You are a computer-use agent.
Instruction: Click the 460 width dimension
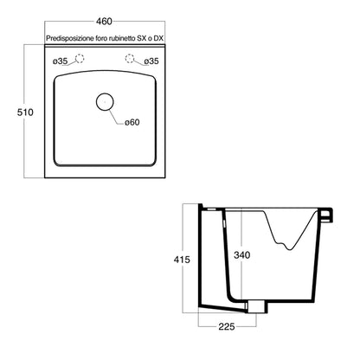(105, 22)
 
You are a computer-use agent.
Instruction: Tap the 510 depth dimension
(25, 112)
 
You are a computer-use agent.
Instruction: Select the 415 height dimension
(182, 260)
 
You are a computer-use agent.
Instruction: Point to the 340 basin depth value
(242, 255)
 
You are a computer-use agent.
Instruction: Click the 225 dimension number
(227, 326)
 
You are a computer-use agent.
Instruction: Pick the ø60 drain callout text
(132, 122)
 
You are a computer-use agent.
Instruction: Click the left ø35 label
(60, 61)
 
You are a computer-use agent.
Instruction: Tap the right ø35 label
(151, 61)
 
